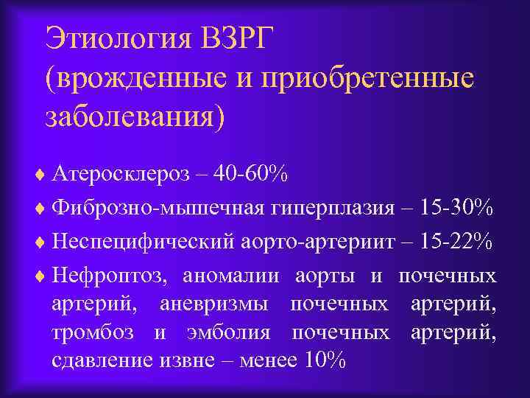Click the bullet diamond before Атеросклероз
(x=40, y=175)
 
